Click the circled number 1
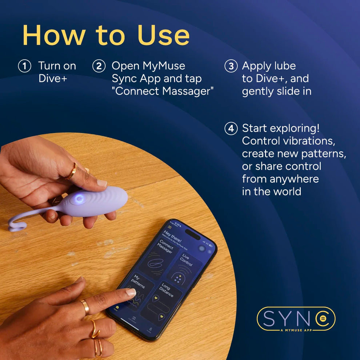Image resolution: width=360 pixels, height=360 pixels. (24, 66)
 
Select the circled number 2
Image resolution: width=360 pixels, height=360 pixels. (98, 66)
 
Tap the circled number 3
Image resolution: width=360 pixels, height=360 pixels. (231, 66)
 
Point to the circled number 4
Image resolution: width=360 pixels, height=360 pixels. (231, 129)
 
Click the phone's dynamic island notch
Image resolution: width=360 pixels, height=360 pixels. (192, 234)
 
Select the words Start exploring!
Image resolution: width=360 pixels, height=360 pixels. (281, 128)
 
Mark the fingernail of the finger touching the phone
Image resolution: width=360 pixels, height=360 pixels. (131, 292)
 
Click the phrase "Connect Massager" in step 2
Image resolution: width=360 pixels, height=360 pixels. (163, 91)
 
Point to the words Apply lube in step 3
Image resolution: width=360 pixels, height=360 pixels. (269, 66)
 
